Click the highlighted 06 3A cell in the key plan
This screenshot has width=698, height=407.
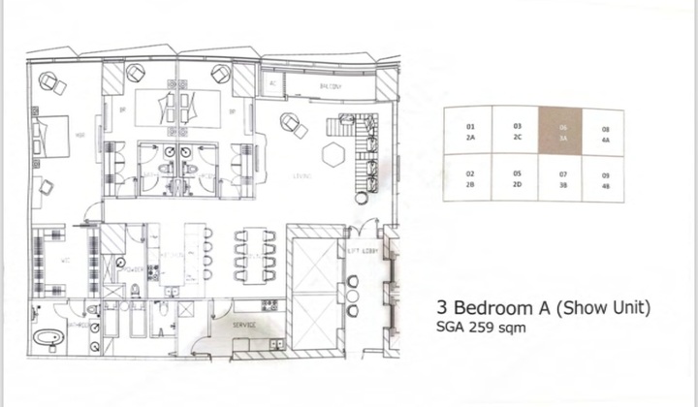(x=562, y=132)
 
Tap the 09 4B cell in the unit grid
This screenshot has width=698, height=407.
(x=606, y=179)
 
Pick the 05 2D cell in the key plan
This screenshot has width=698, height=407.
(x=518, y=179)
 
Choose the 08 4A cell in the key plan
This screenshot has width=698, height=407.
(x=606, y=132)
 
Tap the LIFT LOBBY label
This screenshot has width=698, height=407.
(x=361, y=251)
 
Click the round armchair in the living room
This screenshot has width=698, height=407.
(x=290, y=122)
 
